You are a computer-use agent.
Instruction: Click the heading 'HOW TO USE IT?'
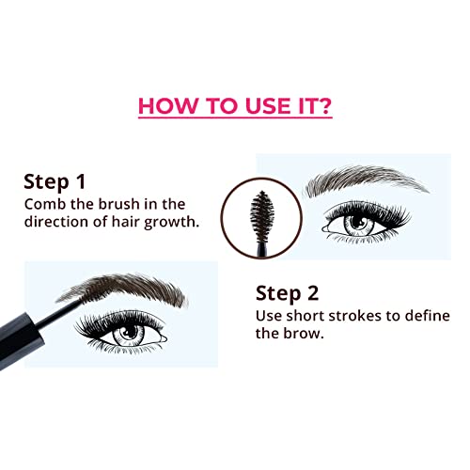[x=234, y=105]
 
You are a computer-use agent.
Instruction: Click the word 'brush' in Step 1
[x=114, y=206]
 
